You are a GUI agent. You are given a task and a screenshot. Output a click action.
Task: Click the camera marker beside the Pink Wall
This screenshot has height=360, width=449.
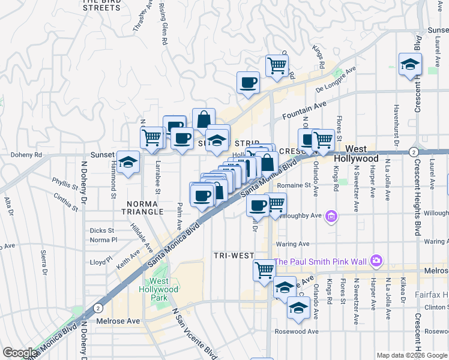click(376, 260)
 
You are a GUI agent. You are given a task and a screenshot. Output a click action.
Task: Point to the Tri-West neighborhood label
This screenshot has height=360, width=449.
click(234, 256)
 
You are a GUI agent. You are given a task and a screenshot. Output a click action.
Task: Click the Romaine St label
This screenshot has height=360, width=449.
click(294, 185)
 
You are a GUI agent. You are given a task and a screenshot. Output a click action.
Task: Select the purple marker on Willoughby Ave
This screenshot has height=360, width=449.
click(330, 216)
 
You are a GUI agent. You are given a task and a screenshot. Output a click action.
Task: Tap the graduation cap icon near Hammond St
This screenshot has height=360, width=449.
click(127, 162)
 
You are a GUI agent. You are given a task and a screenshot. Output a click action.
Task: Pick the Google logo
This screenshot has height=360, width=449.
click(20, 353)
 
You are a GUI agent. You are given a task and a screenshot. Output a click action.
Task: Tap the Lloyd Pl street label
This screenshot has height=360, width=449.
click(97, 262)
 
